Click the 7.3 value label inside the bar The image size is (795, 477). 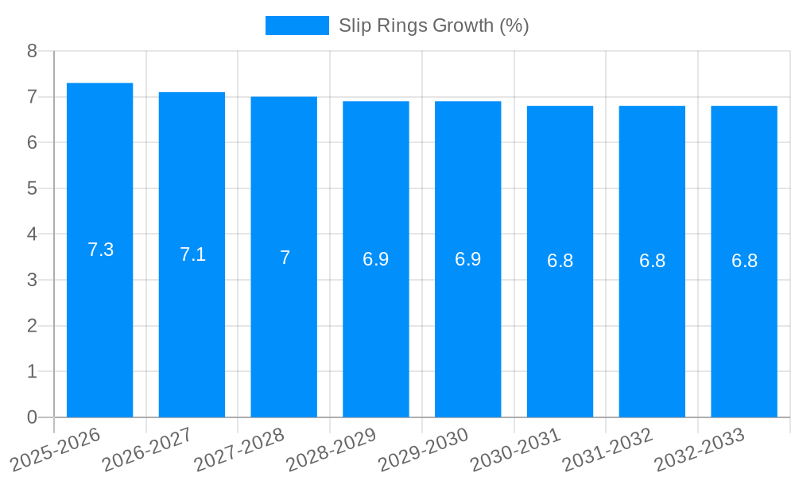[x=100, y=250]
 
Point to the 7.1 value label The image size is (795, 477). [x=192, y=254]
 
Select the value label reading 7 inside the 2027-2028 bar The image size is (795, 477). [x=285, y=258]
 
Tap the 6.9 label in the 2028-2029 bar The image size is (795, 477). [x=376, y=259]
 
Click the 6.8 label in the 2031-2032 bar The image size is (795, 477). [x=652, y=261]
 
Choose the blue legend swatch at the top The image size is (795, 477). [x=297, y=25]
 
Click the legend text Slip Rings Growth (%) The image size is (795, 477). [x=433, y=25]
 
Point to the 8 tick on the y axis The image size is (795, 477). [x=32, y=51]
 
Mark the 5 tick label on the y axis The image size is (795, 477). [x=32, y=188]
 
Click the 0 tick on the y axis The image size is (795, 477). [x=32, y=417]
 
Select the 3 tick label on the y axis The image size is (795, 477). [x=32, y=280]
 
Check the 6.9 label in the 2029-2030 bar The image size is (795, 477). [x=467, y=259]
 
